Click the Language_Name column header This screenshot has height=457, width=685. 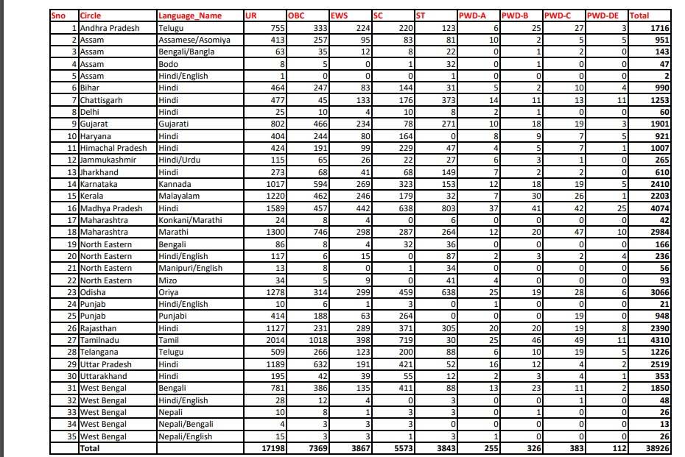(190, 15)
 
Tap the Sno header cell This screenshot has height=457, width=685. (58, 15)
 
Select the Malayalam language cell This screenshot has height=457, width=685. (182, 197)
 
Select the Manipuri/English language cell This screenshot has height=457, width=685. (191, 269)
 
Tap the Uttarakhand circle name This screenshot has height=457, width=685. (103, 377)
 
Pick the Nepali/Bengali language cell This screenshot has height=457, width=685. (186, 425)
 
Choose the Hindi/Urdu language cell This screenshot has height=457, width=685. (178, 161)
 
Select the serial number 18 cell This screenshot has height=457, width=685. (72, 233)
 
